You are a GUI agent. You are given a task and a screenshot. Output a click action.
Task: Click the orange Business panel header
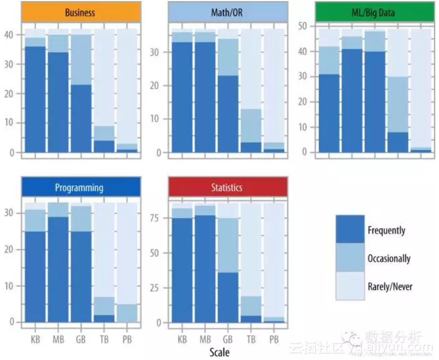pyautogui.click(x=81, y=12)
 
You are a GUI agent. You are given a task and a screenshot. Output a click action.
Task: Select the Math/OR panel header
pyautogui.click(x=227, y=12)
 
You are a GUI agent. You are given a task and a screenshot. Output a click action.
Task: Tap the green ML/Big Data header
pyautogui.click(x=374, y=12)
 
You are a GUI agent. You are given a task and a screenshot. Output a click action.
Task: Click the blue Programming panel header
pyautogui.click(x=81, y=187)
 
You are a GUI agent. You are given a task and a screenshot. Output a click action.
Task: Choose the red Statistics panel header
pyautogui.click(x=227, y=187)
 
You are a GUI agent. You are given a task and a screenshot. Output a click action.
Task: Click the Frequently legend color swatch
pyautogui.click(x=350, y=229)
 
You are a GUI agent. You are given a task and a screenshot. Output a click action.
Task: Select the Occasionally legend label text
pyautogui.click(x=389, y=259)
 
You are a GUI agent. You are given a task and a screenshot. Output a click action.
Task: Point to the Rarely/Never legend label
pyautogui.click(x=390, y=287)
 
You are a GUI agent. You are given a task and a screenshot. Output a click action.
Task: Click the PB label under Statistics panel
pyautogui.click(x=274, y=339)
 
